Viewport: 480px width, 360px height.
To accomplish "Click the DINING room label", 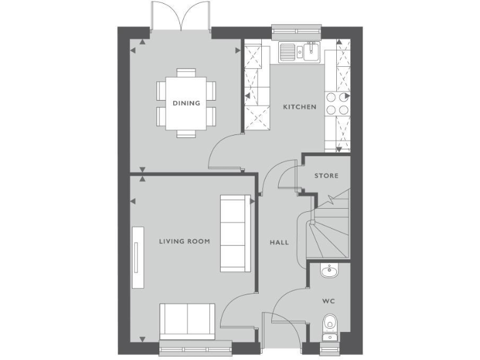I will click(187, 103).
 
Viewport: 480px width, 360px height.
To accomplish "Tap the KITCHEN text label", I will click(299, 107).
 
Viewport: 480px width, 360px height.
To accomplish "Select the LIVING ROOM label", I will click(184, 241).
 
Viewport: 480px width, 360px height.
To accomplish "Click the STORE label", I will click(326, 176).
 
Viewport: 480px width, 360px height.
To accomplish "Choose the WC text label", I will click(329, 301).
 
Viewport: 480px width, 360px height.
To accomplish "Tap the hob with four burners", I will click(337, 103).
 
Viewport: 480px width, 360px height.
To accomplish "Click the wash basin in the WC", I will click(329, 271).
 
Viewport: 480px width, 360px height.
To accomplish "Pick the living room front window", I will click(196, 349).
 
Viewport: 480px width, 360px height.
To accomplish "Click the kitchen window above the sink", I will click(297, 29).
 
